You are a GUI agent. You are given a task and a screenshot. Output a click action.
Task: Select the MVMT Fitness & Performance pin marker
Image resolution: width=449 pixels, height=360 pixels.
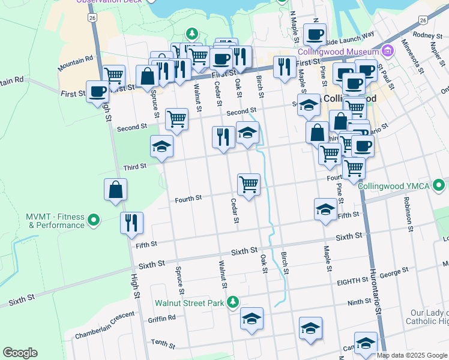pos(93,221)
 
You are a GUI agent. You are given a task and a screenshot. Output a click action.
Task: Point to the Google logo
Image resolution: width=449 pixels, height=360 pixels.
pos(20,353)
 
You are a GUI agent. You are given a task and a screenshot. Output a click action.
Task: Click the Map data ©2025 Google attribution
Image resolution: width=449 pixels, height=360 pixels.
pos(412,355)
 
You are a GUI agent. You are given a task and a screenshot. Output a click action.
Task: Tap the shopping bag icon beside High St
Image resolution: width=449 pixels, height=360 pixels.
pos(115,190)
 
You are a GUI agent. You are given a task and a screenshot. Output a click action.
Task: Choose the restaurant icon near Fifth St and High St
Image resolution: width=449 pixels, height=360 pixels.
pos(131,223)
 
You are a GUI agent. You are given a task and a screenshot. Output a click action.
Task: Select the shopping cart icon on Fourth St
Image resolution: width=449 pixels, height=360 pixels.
pos(249,184)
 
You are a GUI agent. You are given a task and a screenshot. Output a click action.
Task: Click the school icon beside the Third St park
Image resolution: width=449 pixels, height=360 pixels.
pos(161,146)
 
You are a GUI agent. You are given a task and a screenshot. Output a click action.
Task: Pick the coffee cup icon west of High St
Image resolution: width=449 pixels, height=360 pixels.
pos(98,92)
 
